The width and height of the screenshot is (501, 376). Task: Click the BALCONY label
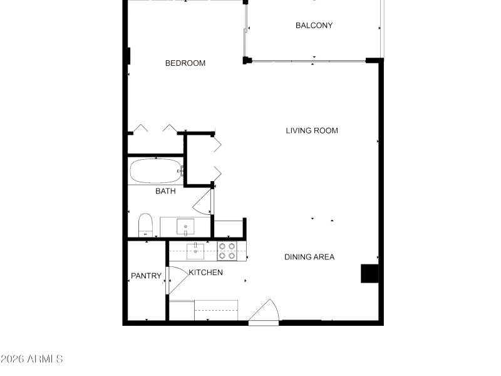point(314,26)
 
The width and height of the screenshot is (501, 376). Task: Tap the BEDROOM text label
point(185,63)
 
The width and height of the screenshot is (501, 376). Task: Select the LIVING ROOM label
point(312,131)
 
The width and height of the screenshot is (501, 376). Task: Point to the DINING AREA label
point(309,257)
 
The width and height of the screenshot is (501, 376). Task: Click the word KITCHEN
point(205,273)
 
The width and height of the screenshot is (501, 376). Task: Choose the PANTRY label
point(146,276)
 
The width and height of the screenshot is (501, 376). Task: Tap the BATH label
point(165,191)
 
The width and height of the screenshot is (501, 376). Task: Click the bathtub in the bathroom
point(155,170)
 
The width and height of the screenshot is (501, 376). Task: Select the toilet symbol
point(145,225)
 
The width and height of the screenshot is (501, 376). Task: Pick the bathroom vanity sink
point(185,226)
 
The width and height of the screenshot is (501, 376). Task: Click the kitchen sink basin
point(195,252)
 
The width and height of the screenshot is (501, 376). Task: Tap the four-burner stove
point(227,251)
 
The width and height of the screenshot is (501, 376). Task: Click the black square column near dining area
point(369,274)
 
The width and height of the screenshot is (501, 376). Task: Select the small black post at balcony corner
point(247,61)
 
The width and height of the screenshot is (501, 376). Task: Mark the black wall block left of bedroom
point(128,56)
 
